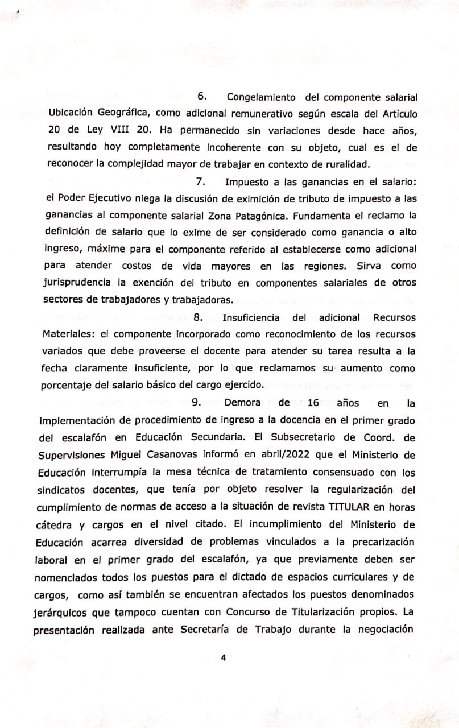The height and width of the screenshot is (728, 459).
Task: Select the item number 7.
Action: (x=200, y=183)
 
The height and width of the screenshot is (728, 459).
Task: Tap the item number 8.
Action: (x=199, y=317)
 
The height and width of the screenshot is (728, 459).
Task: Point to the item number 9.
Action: (x=195, y=403)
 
